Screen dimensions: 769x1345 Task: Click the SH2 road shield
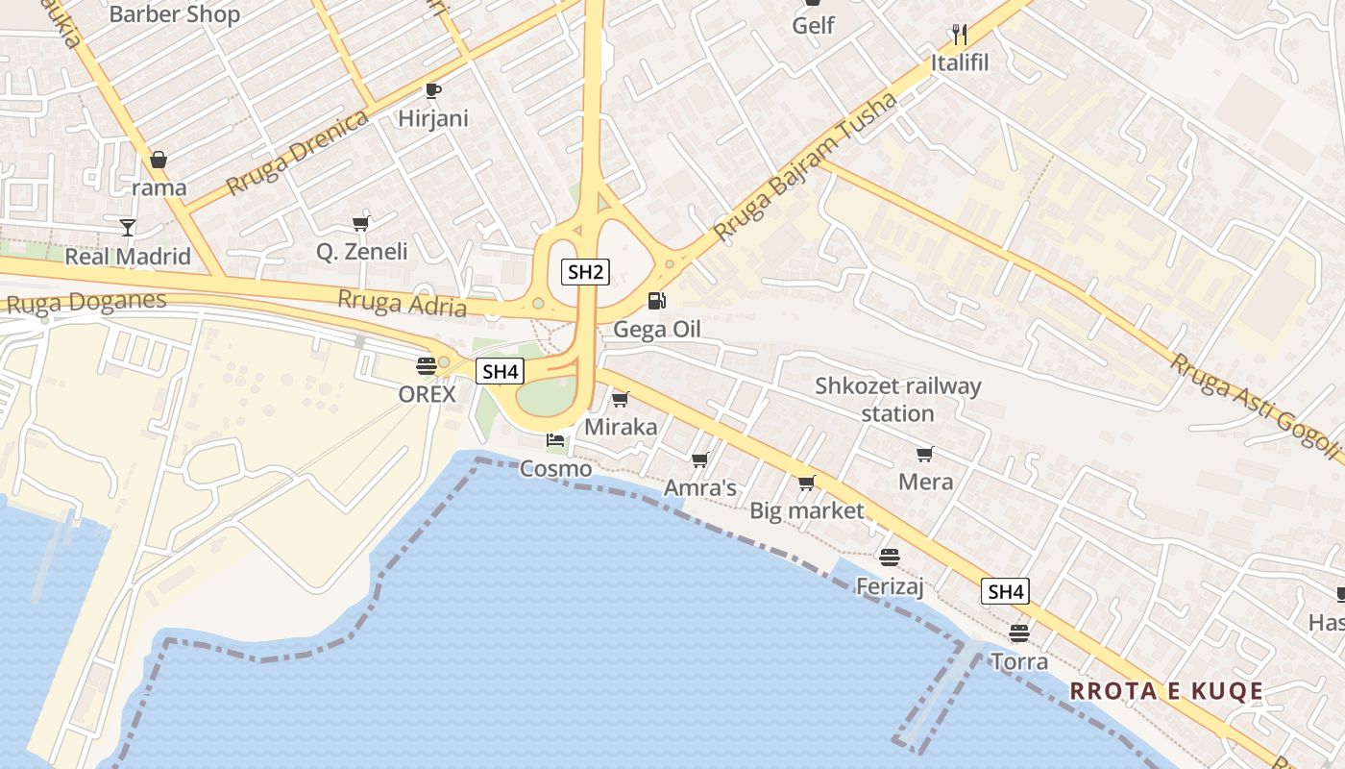(585, 272)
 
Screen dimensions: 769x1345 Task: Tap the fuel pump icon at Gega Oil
(657, 301)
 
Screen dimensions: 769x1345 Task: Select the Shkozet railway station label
(898, 400)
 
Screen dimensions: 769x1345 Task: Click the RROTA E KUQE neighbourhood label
(1166, 691)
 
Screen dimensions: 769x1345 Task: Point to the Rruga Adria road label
(402, 303)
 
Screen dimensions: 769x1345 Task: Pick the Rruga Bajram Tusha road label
(806, 167)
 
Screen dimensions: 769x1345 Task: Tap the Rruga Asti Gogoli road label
(1255, 405)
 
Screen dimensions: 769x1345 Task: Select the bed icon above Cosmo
(555, 441)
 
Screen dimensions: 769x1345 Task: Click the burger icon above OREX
(427, 365)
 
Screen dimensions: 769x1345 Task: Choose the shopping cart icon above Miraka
(621, 398)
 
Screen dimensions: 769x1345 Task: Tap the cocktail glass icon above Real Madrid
(127, 228)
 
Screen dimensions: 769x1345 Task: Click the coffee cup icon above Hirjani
(433, 90)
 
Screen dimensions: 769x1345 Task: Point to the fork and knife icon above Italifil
(959, 35)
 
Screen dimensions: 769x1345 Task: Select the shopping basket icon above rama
(159, 159)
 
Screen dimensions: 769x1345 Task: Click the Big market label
(807, 511)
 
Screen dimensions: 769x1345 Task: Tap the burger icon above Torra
(1018, 633)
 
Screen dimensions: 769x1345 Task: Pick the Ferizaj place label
(890, 585)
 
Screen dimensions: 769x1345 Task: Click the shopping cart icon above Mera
(925, 454)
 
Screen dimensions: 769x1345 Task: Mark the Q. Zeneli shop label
(362, 252)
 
